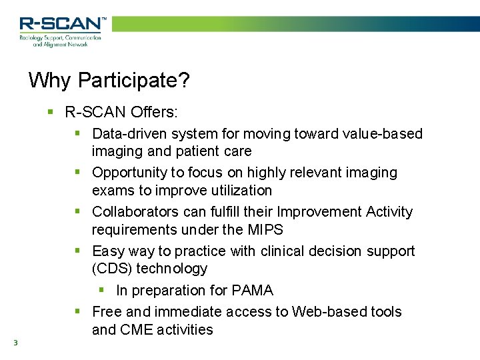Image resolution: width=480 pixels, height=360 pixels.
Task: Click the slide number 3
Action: point(15,343)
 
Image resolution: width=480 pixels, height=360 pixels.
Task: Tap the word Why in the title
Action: point(51,81)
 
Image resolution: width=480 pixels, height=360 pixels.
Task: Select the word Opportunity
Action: point(129,173)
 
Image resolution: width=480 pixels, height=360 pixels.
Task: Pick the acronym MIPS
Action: point(265,230)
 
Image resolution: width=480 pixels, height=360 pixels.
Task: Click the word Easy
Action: point(108,251)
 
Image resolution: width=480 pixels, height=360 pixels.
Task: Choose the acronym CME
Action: point(135,330)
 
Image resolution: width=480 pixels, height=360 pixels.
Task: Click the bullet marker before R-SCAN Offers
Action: point(50,111)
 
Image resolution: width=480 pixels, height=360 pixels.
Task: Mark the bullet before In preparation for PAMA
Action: point(101,291)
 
